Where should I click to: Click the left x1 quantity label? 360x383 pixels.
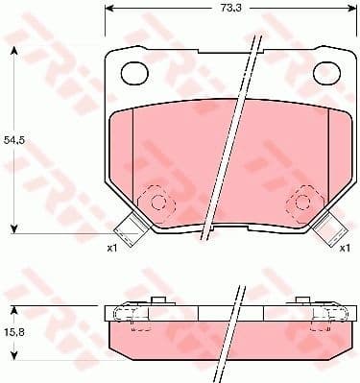pos(111,249)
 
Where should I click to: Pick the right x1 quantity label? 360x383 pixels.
pos(344,249)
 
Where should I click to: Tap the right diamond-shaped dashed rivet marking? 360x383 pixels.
pos(300,201)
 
